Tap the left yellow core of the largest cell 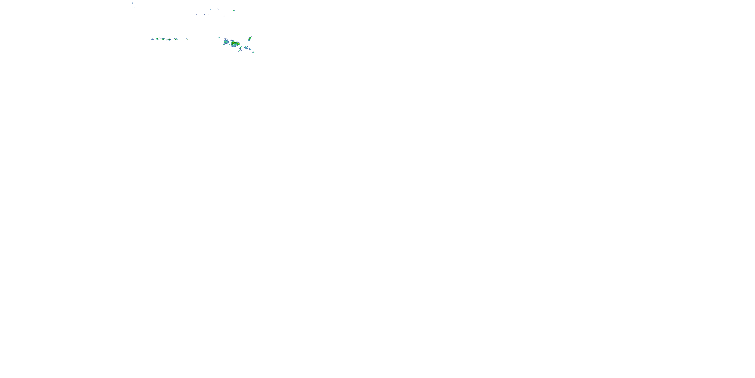[233, 43]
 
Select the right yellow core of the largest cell [239, 44]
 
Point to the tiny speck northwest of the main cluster [219, 38]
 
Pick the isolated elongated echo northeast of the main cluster [250, 39]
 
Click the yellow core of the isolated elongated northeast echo [250, 39]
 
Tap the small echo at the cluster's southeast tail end [253, 52]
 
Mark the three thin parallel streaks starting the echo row [153, 39]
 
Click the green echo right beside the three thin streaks [157, 39]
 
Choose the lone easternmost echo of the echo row [187, 39]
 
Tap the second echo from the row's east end [176, 39]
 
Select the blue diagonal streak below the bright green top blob [224, 16]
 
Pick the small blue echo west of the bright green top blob [218, 9]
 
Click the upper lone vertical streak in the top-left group [132, 3]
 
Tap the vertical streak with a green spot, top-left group [134, 7]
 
